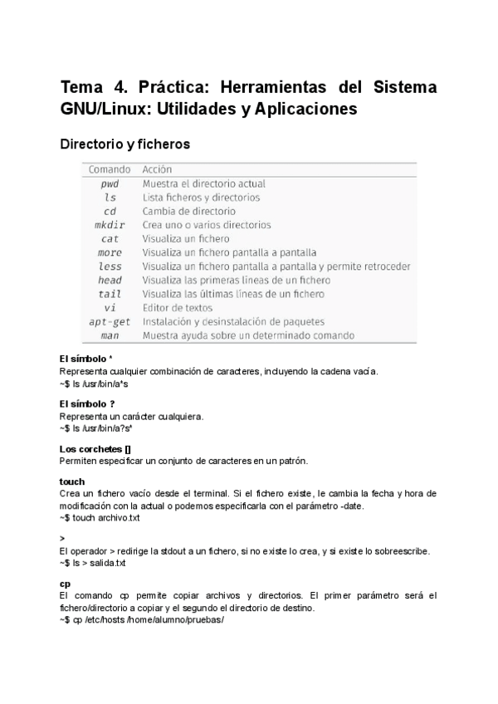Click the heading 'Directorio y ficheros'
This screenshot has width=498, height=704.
pyautogui.click(x=124, y=144)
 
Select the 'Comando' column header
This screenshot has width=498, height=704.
pyautogui.click(x=110, y=169)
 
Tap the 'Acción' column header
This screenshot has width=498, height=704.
pyautogui.click(x=157, y=169)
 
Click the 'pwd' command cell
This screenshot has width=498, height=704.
pyautogui.click(x=110, y=183)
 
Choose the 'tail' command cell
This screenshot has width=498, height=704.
pyautogui.click(x=110, y=294)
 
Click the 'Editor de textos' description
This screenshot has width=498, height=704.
pyautogui.click(x=178, y=308)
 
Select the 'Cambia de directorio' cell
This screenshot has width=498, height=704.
pyautogui.click(x=188, y=211)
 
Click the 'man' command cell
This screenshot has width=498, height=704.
pyautogui.click(x=110, y=335)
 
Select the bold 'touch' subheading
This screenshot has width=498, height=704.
pyautogui.click(x=72, y=482)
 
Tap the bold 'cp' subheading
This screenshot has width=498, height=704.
pyautogui.click(x=65, y=584)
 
